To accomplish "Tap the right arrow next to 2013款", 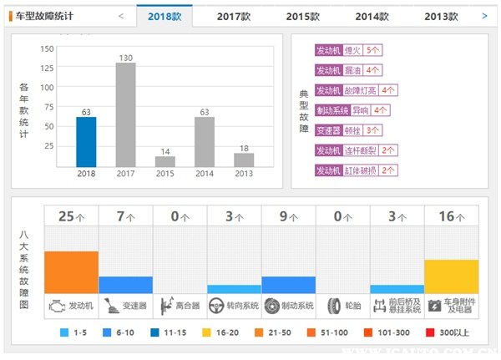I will [x=484, y=15].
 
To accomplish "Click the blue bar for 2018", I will [x=86, y=141].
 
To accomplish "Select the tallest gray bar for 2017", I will [x=125, y=114].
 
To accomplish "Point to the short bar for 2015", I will [x=165, y=160].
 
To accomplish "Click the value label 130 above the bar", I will [x=125, y=58].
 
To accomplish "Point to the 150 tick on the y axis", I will [x=47, y=48].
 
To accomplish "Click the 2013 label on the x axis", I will [x=244, y=174].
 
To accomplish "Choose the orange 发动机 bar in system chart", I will [x=71, y=271].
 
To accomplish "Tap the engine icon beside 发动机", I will [x=56, y=305].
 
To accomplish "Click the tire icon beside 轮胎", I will [x=334, y=305].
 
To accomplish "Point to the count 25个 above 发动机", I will [x=71, y=216].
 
